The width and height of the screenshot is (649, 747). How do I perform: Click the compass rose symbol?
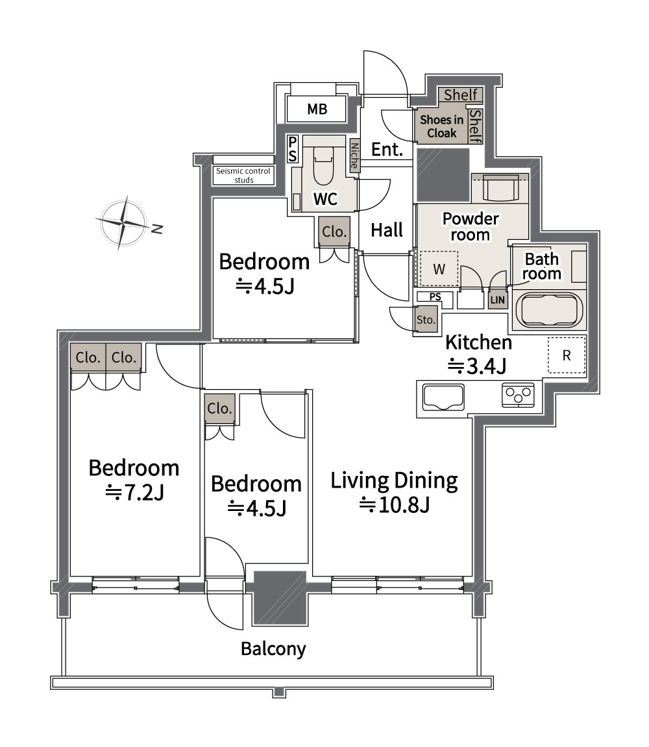coord(123,222)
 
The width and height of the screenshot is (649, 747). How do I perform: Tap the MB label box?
coord(317,109)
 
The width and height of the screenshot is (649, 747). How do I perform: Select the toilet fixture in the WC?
coord(323,165)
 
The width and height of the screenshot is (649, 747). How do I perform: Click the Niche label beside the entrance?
coord(354,156)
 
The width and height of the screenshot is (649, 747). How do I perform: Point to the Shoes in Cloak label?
coord(441,126)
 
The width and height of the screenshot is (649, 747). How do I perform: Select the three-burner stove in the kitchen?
coord(519,395)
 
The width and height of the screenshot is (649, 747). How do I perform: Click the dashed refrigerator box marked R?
coord(567,355)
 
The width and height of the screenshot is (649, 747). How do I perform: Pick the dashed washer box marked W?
coord(439,269)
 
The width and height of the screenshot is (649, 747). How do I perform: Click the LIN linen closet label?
coord(497,300)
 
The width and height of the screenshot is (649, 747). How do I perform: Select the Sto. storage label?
coord(426,320)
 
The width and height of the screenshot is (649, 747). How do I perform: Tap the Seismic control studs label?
coord(243,175)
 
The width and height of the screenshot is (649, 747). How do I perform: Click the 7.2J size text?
coord(134,493)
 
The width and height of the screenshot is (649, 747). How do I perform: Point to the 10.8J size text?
coord(395,504)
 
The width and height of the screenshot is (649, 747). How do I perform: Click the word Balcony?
coord(273,648)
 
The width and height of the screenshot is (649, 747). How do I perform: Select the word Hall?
coord(387,230)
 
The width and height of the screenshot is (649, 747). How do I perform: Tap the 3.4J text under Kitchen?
coord(476,366)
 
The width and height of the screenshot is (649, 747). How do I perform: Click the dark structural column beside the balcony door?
coord(280,598)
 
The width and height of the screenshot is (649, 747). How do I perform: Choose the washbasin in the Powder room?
coord(500,187)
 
